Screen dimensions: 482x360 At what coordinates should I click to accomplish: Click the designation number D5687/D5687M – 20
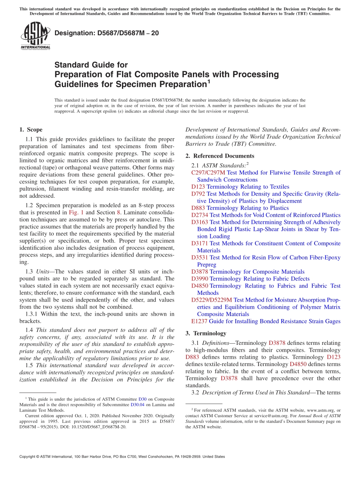pos(106,33)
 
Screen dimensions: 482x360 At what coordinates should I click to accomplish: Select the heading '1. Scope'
pos(31,130)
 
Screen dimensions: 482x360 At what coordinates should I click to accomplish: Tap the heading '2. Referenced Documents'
pos(220,156)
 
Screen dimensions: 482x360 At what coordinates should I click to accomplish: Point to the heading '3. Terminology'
pos(206,333)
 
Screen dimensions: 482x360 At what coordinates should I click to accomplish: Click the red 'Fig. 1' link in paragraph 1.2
pos(77,213)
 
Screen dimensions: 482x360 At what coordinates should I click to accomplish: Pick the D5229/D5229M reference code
pos(211,300)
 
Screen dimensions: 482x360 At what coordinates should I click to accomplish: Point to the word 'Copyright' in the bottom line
pos(29,457)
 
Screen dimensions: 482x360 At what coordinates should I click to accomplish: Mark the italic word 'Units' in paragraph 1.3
pos(42,272)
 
